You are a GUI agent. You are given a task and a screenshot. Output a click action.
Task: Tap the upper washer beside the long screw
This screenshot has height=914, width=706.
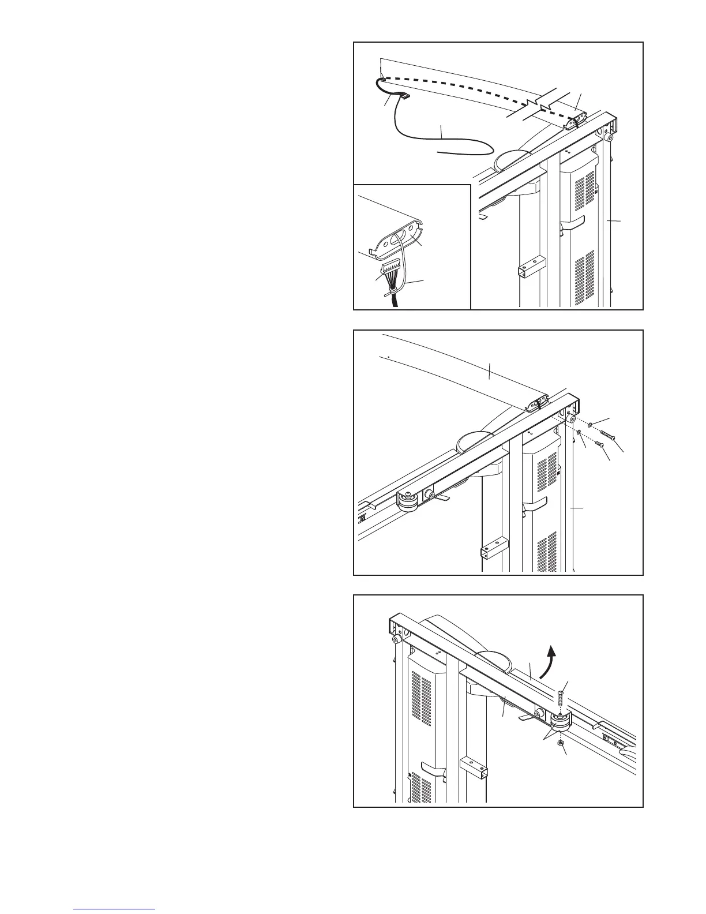click(590, 425)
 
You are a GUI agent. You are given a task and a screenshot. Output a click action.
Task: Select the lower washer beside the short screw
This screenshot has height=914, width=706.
click(579, 432)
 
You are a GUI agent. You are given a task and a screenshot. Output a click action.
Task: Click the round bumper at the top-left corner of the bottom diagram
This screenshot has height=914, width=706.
click(397, 640)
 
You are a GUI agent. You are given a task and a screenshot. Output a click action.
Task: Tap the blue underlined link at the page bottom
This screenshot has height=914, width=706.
click(115, 909)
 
